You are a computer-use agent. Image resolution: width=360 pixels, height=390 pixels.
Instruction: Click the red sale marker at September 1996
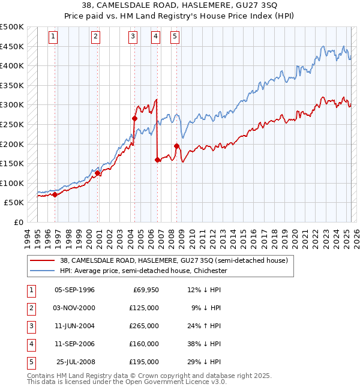pos(55,194)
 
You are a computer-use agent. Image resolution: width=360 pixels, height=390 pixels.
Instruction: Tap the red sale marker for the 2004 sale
pos(134,119)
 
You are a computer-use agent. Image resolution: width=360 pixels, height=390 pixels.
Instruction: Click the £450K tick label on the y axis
pos(12,46)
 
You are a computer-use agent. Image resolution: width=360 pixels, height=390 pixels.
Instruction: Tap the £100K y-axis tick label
pos(12,183)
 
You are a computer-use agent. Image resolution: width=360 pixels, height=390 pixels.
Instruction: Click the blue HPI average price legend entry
pos(143,271)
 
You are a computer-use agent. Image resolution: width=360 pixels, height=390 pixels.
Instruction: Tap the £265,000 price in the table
pos(145,326)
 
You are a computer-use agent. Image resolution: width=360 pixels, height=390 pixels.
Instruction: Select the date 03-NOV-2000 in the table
pos(74,308)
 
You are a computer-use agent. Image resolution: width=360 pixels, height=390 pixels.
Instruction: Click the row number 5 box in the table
pos(31,362)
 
